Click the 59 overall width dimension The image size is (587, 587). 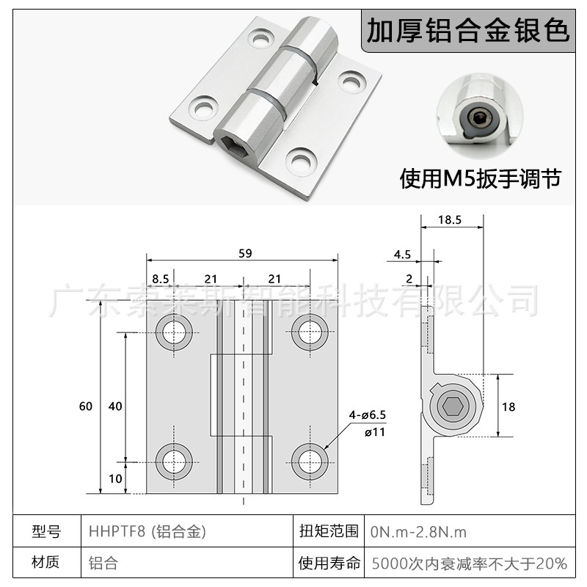244,254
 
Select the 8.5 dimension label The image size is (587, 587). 161,278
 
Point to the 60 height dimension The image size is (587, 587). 86,406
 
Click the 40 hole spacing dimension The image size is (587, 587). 114,406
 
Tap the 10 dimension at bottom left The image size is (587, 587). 115,478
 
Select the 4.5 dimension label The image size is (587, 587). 402,255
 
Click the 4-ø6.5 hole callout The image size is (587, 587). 367,416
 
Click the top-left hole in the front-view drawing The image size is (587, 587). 175,329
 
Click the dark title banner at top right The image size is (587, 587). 467,31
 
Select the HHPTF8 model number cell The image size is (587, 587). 147,531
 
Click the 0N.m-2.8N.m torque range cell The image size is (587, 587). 418,531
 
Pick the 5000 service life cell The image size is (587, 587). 470,564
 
